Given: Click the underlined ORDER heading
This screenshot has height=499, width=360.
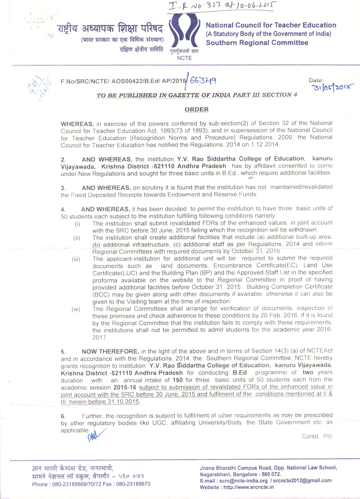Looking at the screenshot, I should [197, 109].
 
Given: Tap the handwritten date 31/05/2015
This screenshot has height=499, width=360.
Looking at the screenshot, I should [333, 87].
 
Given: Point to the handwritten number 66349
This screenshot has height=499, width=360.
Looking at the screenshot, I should [202, 81].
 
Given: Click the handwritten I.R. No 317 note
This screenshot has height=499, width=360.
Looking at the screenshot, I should [222, 6].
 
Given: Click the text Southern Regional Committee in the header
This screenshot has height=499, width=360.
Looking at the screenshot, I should [257, 43].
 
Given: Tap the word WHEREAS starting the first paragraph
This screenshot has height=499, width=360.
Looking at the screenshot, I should [77, 124].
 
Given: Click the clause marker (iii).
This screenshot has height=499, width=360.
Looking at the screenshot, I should [77, 259].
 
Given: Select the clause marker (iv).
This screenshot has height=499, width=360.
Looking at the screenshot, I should [77, 309].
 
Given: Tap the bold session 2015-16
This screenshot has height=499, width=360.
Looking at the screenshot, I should [125, 387].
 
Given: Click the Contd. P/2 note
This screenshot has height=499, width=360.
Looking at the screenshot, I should [317, 436].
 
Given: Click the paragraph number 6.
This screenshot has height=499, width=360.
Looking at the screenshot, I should [63, 416].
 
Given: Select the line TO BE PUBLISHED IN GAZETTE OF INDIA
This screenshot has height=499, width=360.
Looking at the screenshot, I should [197, 95].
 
